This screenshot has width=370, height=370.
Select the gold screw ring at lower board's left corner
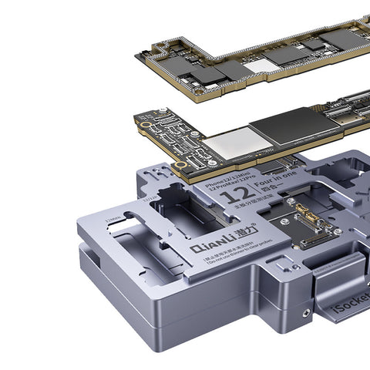[181, 164]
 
